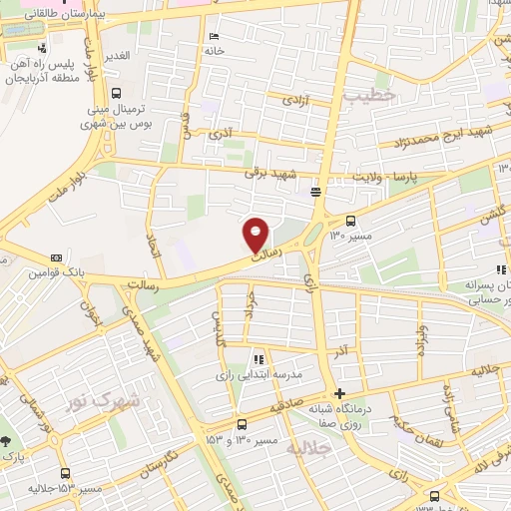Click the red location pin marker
pyautogui.click(x=256, y=235)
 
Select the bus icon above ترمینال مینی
pyautogui.click(x=117, y=93)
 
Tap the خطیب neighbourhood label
pyautogui.click(x=370, y=94)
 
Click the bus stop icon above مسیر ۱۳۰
pyautogui.click(x=350, y=221)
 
